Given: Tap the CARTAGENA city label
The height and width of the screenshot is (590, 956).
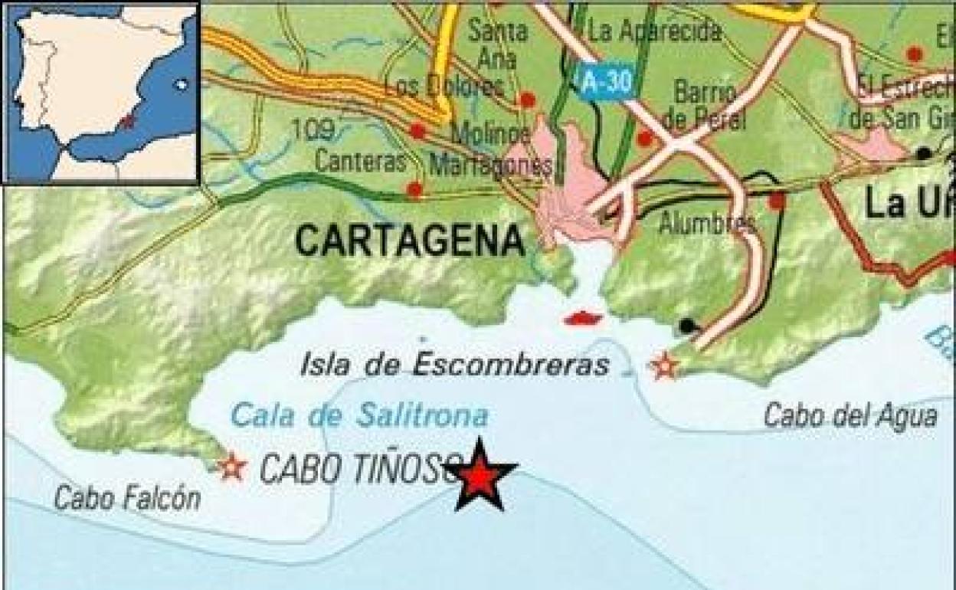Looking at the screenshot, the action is [410, 241].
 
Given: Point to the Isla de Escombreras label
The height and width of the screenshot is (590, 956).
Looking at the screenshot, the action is [455, 365].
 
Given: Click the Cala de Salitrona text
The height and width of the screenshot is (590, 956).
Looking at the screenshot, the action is [359, 416].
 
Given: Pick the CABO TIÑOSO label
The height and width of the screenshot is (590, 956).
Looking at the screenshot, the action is [360, 469].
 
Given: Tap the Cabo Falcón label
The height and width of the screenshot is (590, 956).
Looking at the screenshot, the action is [127, 499].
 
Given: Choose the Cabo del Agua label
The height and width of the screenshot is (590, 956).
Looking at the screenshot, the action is [850, 416].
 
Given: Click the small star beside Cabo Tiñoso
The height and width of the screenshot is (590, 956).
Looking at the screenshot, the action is [231, 467].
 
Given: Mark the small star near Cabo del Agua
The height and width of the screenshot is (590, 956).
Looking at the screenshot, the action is [664, 366].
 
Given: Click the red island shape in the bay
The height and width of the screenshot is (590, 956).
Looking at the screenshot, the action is [583, 317].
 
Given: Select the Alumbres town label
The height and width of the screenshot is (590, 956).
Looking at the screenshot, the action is [707, 224].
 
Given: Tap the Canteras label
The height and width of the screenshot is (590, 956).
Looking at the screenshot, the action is [359, 162].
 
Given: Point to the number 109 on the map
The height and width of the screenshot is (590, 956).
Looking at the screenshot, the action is [313, 130].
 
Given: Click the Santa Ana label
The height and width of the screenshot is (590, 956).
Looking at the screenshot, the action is [498, 43].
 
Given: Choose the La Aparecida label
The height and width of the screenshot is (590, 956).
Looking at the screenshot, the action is [655, 31].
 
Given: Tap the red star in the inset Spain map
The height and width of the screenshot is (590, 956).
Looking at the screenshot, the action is [127, 121].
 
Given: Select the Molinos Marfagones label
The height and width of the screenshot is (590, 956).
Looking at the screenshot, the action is [490, 149].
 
